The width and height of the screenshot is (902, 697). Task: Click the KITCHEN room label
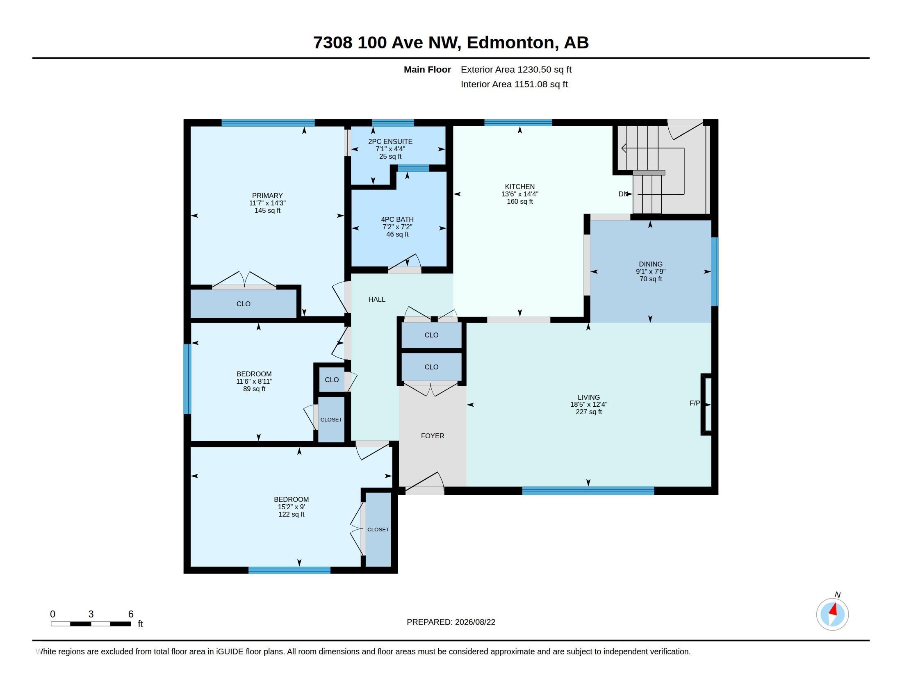(x=519, y=187)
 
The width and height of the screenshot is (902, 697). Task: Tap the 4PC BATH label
(x=397, y=220)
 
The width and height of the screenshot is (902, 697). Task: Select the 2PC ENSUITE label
(x=390, y=141)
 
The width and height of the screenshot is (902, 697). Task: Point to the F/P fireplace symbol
(x=707, y=404)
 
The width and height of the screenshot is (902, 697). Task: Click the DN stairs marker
(x=623, y=194)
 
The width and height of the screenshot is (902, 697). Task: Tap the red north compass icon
(x=832, y=614)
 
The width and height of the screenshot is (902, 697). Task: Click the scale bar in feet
(x=91, y=624)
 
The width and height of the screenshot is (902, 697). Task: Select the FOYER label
(x=433, y=436)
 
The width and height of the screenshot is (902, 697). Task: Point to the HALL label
(x=377, y=299)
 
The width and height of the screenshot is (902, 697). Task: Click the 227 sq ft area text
(x=588, y=412)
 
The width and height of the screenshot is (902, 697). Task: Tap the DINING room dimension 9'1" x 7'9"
(x=651, y=272)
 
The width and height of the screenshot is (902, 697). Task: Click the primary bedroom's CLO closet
(x=243, y=304)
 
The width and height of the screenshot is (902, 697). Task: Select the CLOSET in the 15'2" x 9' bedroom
(x=378, y=529)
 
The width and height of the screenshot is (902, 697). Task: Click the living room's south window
(x=588, y=491)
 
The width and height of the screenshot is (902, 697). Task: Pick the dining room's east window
(x=715, y=272)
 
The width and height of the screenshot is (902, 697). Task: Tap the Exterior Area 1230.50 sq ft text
(x=516, y=70)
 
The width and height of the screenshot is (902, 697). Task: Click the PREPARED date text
(x=451, y=622)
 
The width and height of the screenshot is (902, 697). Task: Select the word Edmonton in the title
(x=510, y=43)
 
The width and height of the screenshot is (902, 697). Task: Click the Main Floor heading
(x=427, y=70)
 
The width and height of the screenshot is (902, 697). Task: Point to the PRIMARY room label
(x=267, y=196)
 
